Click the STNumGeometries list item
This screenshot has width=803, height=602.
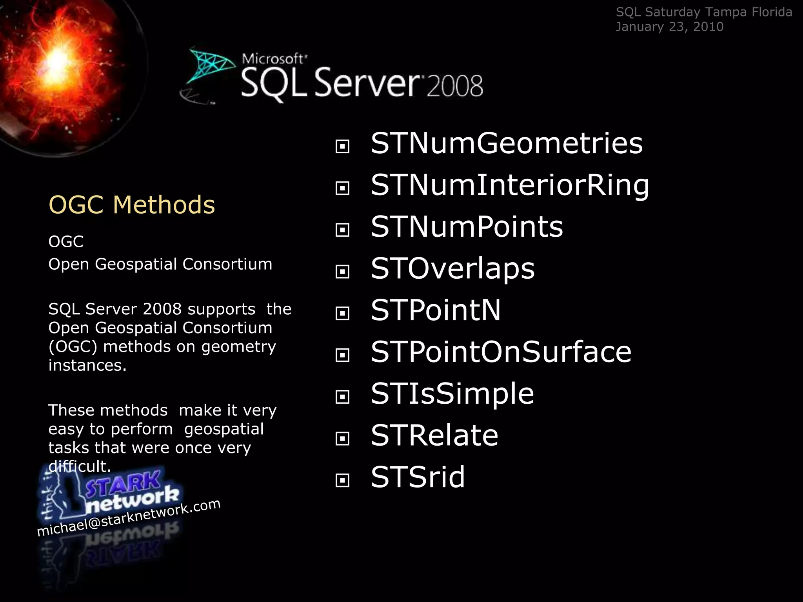[x=507, y=143]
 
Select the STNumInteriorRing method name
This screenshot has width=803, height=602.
[x=510, y=185]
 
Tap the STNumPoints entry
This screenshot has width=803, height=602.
[x=467, y=227]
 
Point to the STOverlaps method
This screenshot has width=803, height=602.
[x=452, y=269]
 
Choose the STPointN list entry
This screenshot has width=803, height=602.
[x=436, y=310]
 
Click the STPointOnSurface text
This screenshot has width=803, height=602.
[x=501, y=352]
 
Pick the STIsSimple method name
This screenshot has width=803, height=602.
[x=452, y=394]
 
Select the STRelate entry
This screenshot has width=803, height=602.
[x=434, y=435]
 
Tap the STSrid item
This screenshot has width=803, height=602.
[x=418, y=477]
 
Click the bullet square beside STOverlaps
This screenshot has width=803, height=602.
[x=342, y=271]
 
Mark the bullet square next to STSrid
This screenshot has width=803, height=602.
[x=342, y=480]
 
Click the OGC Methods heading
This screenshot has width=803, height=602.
[x=132, y=205]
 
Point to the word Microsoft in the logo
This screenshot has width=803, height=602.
[x=273, y=59]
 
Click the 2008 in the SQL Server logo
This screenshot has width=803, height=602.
[x=455, y=86]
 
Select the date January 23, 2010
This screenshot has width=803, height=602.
[x=669, y=27]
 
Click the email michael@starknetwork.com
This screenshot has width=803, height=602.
[x=129, y=517]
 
